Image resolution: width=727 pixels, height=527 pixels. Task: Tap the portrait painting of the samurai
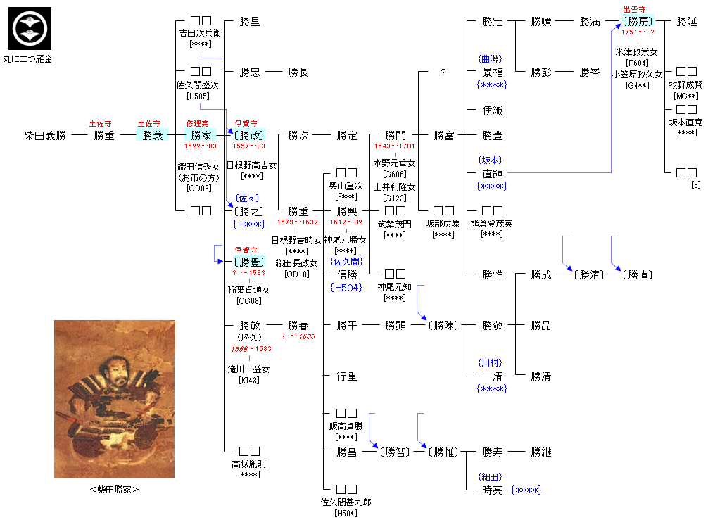(x=114, y=399)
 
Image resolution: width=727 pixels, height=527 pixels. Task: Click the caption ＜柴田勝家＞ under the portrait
(x=114, y=489)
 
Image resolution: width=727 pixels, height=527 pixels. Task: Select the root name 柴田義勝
(x=45, y=135)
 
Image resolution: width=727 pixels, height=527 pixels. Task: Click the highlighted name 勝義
(x=153, y=135)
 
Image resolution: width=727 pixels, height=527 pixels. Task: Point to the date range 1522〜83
(x=201, y=146)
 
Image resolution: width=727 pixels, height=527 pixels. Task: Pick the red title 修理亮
(x=201, y=123)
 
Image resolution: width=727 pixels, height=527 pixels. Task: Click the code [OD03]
(x=201, y=188)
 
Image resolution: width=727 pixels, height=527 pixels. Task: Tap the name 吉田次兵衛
(x=201, y=32)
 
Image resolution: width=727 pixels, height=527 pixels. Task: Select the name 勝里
(x=250, y=21)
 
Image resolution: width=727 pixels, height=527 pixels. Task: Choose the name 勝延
(x=687, y=21)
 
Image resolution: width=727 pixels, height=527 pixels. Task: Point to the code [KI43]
(x=250, y=380)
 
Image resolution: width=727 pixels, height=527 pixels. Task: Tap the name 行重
(x=347, y=376)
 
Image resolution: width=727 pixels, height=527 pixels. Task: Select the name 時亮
(x=493, y=490)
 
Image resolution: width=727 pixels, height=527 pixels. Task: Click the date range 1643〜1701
(x=396, y=146)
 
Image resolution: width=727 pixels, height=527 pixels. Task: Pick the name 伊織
(x=493, y=110)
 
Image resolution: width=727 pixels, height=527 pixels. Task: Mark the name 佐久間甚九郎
(x=346, y=502)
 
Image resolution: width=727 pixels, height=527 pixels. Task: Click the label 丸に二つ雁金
(x=29, y=58)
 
